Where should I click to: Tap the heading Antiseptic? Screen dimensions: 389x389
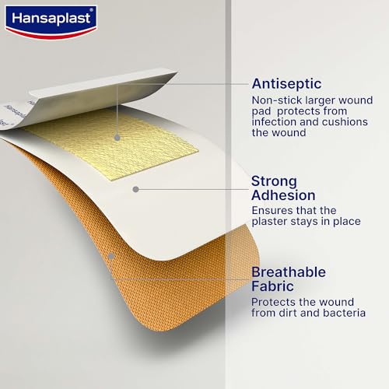pyautogui.click(x=287, y=83)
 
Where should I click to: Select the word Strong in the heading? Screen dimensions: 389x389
pyautogui.click(x=275, y=181)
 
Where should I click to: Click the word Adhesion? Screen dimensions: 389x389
pyautogui.click(x=283, y=195)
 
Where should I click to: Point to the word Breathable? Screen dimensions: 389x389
pyautogui.click(x=292, y=272)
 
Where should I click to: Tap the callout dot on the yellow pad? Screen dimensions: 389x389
pyautogui.click(x=117, y=135)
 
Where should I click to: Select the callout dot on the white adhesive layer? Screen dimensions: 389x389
pyautogui.click(x=135, y=188)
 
